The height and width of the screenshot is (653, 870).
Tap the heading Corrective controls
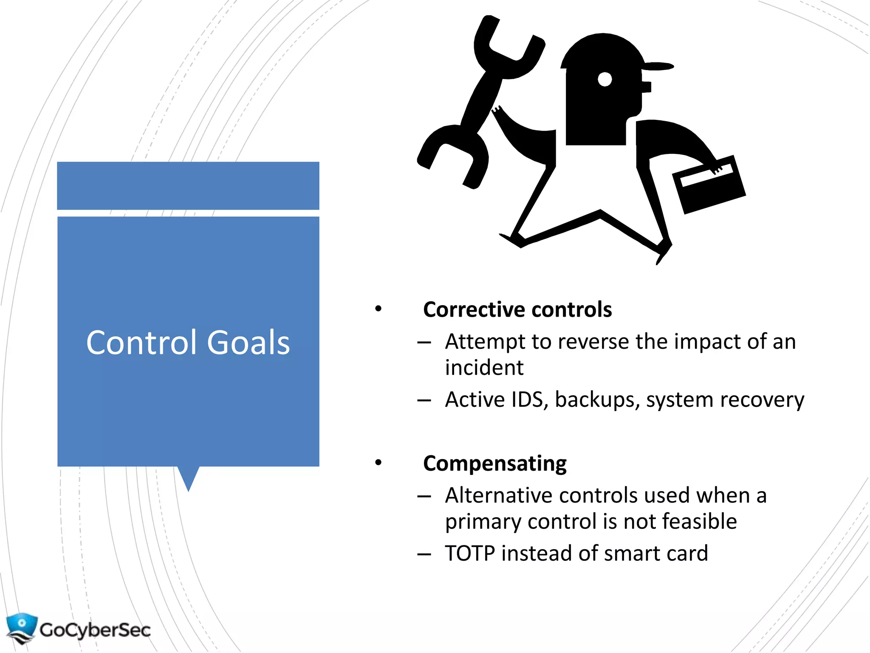(517, 309)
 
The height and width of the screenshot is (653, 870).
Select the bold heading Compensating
(494, 463)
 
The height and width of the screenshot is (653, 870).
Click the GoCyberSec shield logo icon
(21, 627)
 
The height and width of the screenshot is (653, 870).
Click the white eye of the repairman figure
(604, 79)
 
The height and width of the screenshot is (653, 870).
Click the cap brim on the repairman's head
(657, 66)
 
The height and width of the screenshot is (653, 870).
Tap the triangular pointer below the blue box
(188, 477)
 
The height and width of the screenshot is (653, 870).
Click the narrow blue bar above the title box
(188, 185)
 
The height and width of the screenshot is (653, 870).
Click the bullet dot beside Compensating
(378, 463)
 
